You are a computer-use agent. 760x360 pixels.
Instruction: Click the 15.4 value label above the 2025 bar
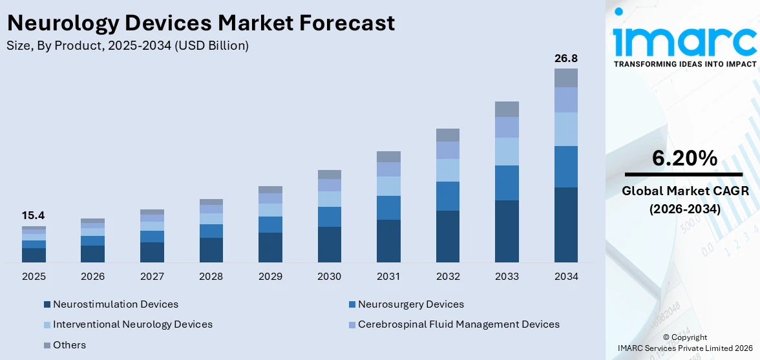(34, 216)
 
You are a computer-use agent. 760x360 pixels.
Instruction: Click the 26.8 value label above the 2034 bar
(565, 59)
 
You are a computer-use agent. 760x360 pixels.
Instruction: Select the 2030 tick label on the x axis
(329, 277)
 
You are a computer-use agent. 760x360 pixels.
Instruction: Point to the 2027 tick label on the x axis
(152, 277)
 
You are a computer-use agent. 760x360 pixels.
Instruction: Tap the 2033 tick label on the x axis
(507, 277)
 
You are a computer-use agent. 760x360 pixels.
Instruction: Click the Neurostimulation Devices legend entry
(115, 304)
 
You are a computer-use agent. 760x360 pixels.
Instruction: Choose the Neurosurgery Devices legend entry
(410, 304)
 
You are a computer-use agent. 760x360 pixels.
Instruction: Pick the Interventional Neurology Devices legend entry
(132, 324)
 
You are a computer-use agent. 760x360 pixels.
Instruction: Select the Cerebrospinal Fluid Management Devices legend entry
(458, 324)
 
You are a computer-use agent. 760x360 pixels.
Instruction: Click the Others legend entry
(69, 345)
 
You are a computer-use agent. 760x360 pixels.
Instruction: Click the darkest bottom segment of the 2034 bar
(565, 225)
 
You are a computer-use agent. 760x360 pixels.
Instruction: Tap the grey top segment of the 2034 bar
(565, 78)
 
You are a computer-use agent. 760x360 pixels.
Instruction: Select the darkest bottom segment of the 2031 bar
(388, 241)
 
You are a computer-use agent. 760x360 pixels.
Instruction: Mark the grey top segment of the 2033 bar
(507, 109)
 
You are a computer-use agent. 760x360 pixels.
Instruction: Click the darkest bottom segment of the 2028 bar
(211, 250)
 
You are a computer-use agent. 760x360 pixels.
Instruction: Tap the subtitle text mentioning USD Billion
(128, 46)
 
